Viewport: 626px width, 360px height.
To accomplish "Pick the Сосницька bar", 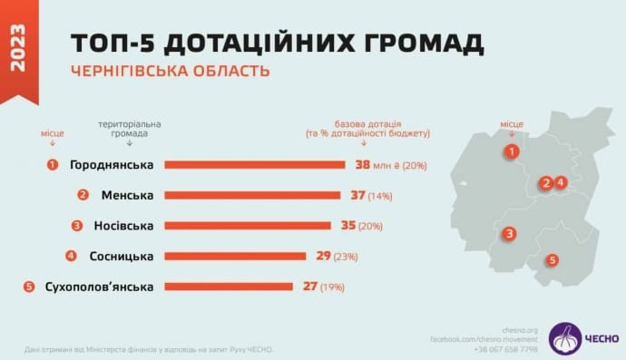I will [235, 256].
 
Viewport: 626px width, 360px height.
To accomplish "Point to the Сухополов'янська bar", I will [229, 287].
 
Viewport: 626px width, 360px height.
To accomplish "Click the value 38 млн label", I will [373, 165].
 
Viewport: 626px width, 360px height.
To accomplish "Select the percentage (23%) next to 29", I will [346, 257].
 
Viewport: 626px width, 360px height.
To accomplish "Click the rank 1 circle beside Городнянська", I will [53, 165].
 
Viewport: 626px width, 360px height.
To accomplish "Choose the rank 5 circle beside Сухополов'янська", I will [29, 287].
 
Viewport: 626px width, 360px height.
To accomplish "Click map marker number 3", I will [511, 233].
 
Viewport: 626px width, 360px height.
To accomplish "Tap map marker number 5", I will [553, 260].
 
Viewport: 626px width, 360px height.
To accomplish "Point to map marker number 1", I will [513, 151].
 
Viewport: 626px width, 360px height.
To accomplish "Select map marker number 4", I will [561, 182].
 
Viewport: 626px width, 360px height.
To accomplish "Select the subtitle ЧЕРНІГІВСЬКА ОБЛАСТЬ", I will [171, 71].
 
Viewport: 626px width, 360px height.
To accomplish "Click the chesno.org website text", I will [520, 330].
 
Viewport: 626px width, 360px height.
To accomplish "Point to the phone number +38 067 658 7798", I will [506, 349].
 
